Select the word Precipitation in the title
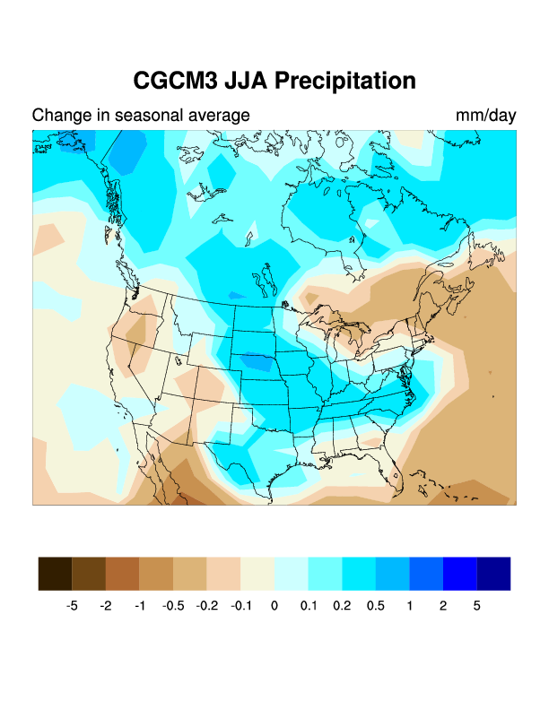[x=345, y=81]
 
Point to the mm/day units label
[x=485, y=116]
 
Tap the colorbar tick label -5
[x=72, y=606]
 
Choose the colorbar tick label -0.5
[x=173, y=606]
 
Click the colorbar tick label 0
[x=274, y=606]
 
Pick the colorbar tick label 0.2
[x=342, y=606]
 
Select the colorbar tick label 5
[x=476, y=606]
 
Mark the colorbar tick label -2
[x=106, y=606]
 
